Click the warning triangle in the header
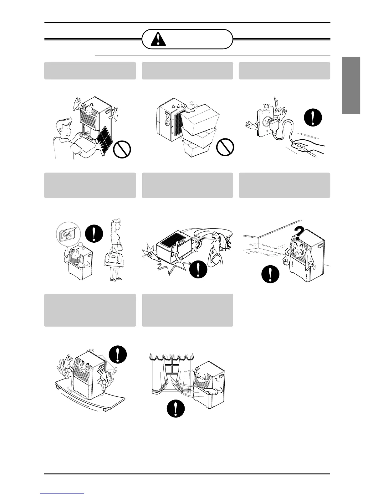[x=159, y=39]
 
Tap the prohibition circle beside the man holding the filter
[x=122, y=149]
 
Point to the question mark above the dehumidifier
[x=299, y=234]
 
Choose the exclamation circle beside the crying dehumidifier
[x=270, y=274]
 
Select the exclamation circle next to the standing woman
[x=94, y=233]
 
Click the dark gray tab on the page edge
[x=351, y=86]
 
